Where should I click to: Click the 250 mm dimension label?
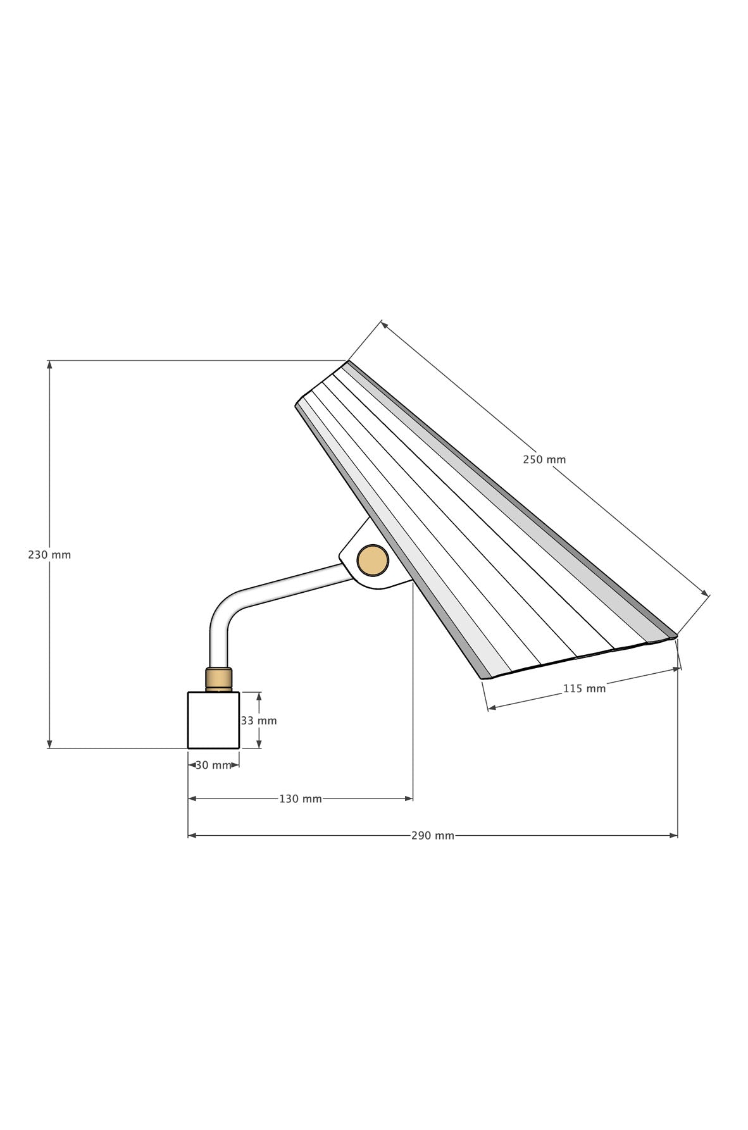pos(544,460)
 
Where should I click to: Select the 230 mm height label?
pos(49,555)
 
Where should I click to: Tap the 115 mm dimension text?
pos(584,688)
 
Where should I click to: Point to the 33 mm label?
pos(259,721)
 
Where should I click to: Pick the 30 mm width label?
pos(213,765)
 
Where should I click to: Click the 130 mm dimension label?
pos(301,799)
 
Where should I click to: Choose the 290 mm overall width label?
pos(433,836)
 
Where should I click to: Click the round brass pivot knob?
pos(373,561)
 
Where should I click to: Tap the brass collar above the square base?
pos(218,680)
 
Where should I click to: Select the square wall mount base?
pos(213,720)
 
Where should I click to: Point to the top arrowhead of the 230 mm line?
pos(49,365)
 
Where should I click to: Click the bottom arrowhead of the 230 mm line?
pos(49,744)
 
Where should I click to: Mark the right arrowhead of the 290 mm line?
pos(673,836)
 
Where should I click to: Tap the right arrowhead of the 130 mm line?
pos(409,799)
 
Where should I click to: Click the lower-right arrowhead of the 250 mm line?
pos(705,593)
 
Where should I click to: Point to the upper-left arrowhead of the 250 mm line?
pos(385,325)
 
